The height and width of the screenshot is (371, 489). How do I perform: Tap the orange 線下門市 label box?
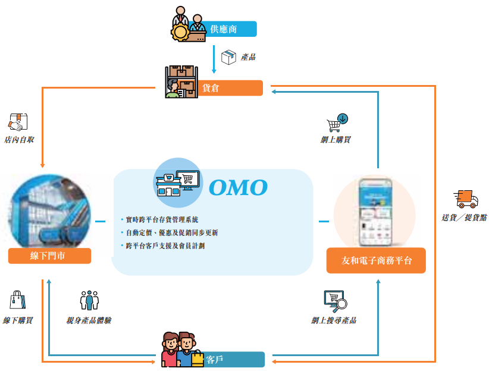coord(50,256)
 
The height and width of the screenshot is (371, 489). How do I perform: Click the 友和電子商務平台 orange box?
coord(376,260)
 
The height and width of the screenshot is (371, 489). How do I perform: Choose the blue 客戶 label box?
coord(232,360)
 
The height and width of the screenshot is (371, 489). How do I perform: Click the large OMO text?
coord(238,187)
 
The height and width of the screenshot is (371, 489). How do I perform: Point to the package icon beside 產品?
coord(228,57)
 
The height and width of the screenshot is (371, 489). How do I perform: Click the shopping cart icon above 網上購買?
coord(337,122)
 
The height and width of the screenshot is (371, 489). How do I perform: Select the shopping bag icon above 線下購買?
coord(17,300)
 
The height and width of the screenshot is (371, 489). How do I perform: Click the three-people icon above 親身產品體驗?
coord(89,300)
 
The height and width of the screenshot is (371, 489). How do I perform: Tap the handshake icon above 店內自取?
coord(17,122)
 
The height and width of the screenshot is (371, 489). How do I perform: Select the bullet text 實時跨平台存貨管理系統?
coord(162,219)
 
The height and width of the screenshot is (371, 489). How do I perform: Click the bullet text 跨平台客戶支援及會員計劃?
coord(165,246)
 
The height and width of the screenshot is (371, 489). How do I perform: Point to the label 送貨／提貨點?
coord(464,218)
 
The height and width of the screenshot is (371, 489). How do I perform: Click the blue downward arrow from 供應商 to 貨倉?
coord(214,59)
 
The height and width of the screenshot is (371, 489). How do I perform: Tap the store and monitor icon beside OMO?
coord(174,178)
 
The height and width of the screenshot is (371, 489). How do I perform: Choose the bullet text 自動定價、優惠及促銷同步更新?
coord(171,232)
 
